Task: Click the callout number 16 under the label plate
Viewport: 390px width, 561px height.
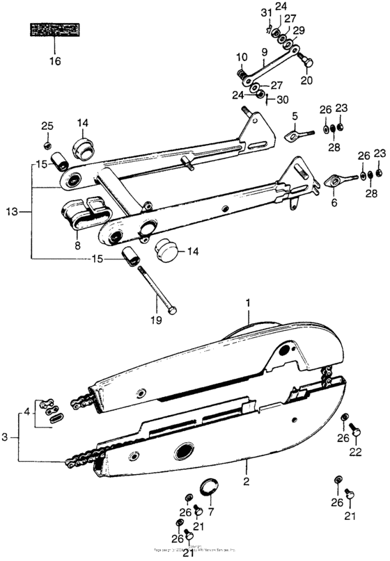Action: pos(55,61)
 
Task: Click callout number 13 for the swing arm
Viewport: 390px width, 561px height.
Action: pos(9,211)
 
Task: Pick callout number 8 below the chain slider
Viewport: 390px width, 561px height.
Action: pos(77,245)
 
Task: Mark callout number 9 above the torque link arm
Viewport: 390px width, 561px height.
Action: pos(264,52)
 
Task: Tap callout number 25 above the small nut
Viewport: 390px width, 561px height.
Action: pos(47,126)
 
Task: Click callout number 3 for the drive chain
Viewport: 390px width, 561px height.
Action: pos(6,437)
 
